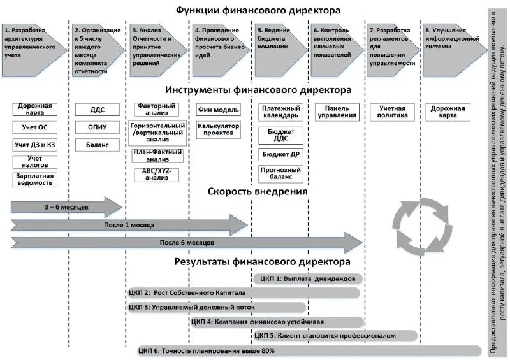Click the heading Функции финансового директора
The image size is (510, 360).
pyautogui.click(x=258, y=10)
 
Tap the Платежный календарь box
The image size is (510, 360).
pyautogui.click(x=280, y=112)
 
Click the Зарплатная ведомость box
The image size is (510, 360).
pyautogui.click(x=35, y=180)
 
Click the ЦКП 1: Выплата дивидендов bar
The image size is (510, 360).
pyautogui.click(x=308, y=278)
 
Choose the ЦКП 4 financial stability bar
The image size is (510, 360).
pyautogui.click(x=274, y=321)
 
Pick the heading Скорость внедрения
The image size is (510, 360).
pyautogui.click(x=258, y=191)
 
